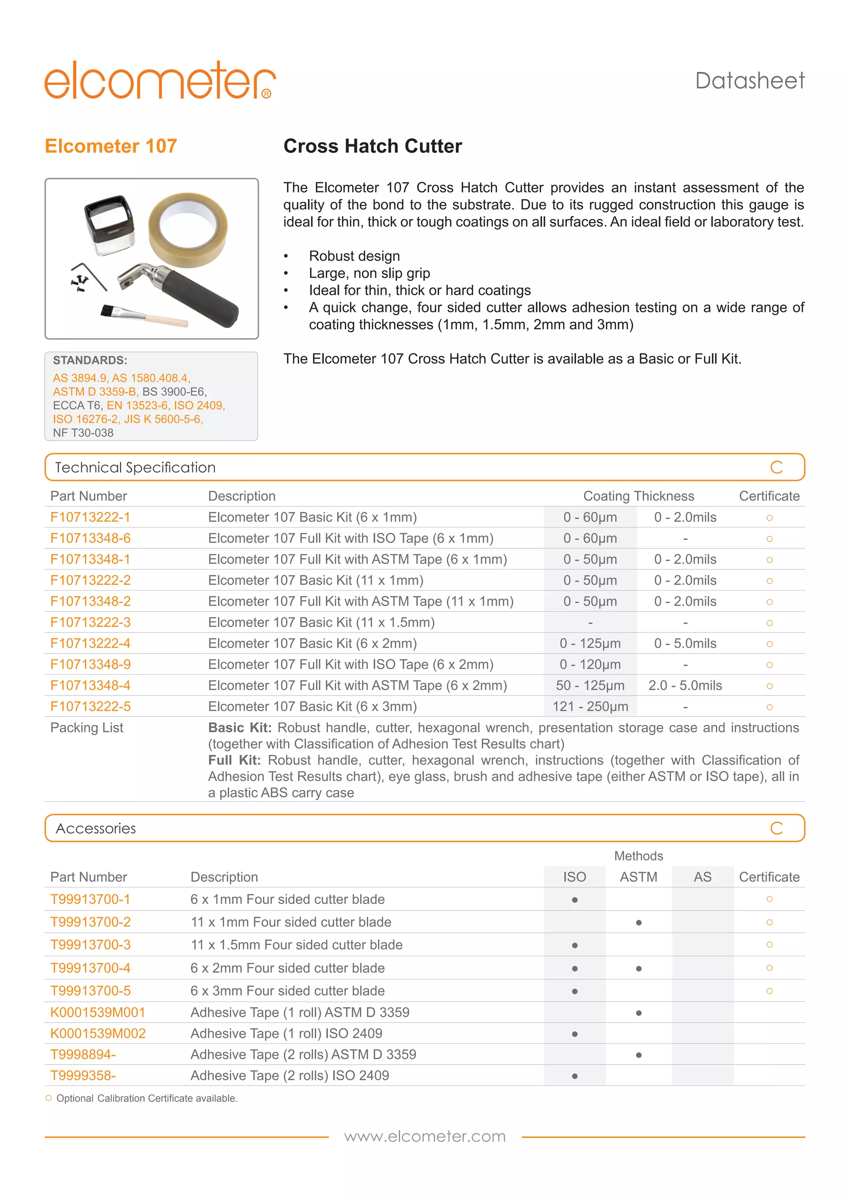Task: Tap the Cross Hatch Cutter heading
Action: pyautogui.click(x=373, y=146)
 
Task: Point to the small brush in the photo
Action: pyautogui.click(x=144, y=315)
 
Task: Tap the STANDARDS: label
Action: pyautogui.click(x=90, y=360)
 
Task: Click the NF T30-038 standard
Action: pyautogui.click(x=83, y=433)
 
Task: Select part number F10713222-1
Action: pyautogui.click(x=90, y=517)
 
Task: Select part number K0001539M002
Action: pyautogui.click(x=98, y=1033)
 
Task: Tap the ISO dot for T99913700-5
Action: pyautogui.click(x=575, y=992)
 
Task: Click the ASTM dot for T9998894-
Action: pyautogui.click(x=639, y=1055)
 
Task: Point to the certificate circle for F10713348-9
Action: pyautogui.click(x=769, y=665)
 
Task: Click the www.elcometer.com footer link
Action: pyautogui.click(x=425, y=1137)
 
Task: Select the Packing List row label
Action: pyautogui.click(x=87, y=728)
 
